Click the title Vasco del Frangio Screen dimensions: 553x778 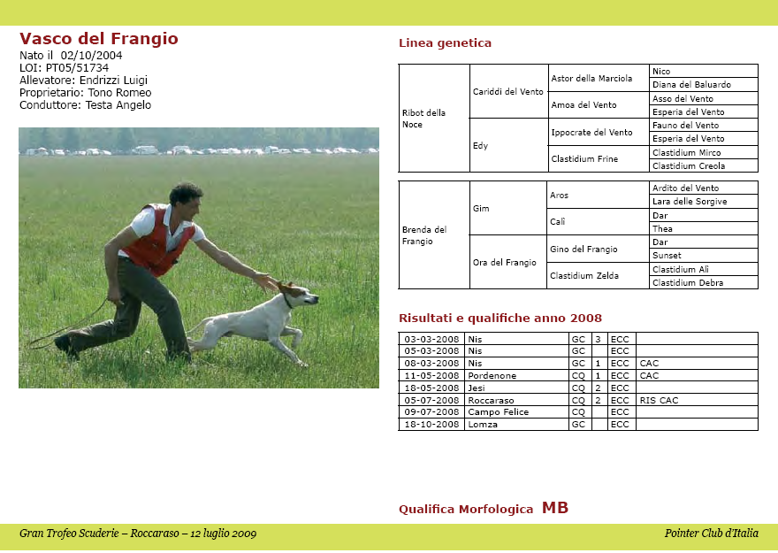pos(99,39)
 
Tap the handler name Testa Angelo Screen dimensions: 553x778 pos(118,105)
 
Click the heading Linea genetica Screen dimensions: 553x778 pos(445,43)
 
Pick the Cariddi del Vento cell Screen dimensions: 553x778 pos(507,91)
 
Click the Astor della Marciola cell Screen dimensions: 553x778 pos(591,78)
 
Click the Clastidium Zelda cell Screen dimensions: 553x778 pos(584,276)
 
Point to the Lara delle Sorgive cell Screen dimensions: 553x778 pos(690,202)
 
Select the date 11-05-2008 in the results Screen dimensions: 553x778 pos(431,376)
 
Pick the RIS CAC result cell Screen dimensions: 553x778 pos(659,401)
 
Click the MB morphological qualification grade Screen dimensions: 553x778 pos(555,508)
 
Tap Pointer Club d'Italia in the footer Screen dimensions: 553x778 pos(711,534)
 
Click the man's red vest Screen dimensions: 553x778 pos(157,242)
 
